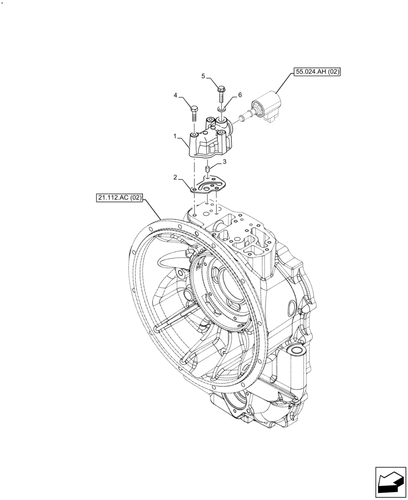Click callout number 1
[x=175, y=135]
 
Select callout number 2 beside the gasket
[x=175, y=177]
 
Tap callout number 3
[x=225, y=161]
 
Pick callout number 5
[x=203, y=76]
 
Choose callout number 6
[x=239, y=94]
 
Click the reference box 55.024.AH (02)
[x=317, y=72]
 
